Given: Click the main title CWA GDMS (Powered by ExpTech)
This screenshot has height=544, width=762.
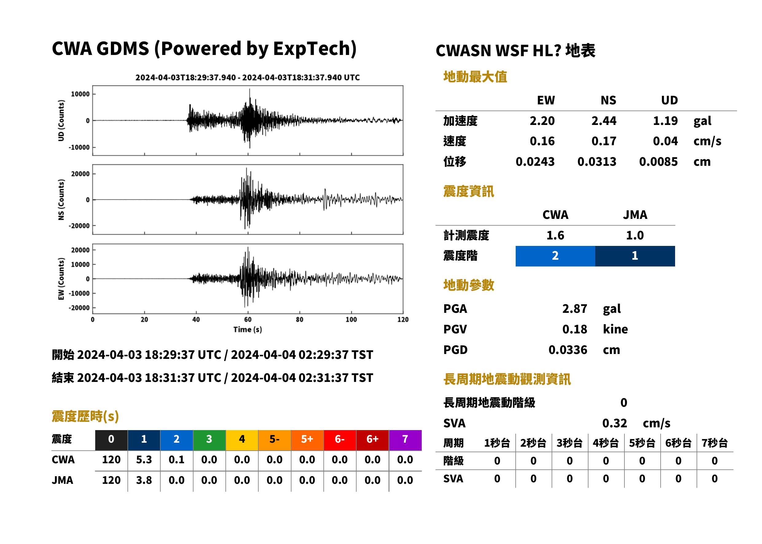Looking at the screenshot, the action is [x=204, y=49].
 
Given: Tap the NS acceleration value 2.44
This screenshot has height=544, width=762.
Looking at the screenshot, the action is [x=604, y=121].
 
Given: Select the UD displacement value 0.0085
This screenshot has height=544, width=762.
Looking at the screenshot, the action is [x=658, y=161].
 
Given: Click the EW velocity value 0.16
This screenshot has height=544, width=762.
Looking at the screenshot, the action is [x=542, y=141].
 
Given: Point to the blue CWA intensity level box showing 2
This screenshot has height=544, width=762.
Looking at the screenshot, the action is [x=555, y=256].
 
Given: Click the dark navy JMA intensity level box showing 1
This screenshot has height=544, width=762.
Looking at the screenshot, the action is [x=635, y=256].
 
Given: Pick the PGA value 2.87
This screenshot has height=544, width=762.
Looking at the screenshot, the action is [x=574, y=309].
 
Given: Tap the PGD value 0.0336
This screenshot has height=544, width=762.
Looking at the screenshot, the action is [x=568, y=350].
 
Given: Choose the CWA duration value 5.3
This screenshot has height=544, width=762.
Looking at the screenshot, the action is [x=144, y=460].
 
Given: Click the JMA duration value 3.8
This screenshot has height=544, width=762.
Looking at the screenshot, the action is [x=144, y=480].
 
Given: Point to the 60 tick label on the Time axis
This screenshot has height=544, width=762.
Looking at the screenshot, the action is [x=248, y=320].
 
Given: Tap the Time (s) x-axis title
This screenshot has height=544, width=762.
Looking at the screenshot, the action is [x=248, y=330].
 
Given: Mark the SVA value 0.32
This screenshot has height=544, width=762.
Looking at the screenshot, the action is [x=614, y=423].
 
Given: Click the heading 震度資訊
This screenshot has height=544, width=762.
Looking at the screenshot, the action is [x=468, y=191].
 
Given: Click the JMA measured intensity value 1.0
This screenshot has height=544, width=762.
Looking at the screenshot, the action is [x=635, y=235].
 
